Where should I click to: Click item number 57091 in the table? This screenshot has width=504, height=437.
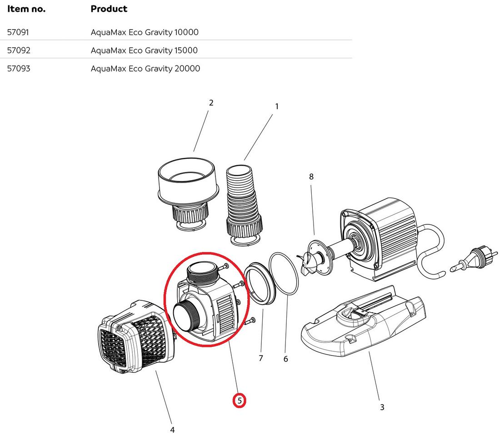point(19,32)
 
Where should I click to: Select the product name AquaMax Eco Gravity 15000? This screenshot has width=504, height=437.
point(144,51)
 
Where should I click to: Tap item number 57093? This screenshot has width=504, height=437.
point(19,69)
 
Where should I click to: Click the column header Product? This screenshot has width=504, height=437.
point(109,9)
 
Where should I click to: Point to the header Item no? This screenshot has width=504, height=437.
point(26,9)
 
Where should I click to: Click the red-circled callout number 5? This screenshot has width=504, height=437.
point(240,401)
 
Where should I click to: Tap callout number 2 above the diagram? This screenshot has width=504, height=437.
point(211,103)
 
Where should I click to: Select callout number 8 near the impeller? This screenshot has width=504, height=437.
point(311,177)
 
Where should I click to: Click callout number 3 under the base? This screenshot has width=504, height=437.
point(382,407)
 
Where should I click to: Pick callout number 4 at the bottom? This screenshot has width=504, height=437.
point(172,430)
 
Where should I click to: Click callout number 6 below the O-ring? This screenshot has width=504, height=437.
point(285,359)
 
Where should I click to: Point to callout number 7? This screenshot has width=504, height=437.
point(261,358)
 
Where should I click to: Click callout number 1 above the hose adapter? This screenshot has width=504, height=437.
point(277,107)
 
